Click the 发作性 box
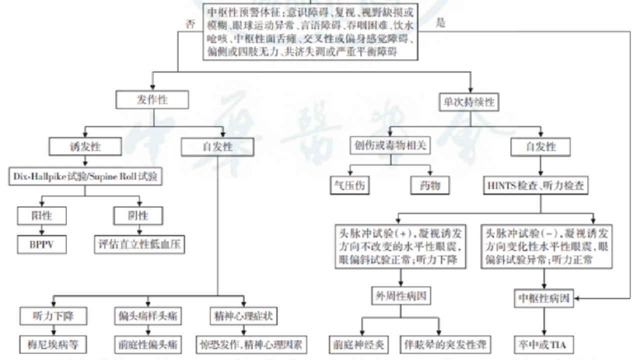tap(152, 100)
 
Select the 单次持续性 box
tap(469, 102)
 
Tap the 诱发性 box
tap(85, 147)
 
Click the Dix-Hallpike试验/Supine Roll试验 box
tap(85, 176)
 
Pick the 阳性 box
tap(41, 215)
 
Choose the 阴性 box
tap(138, 215)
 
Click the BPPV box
tap(41, 245)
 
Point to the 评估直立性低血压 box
tap(139, 245)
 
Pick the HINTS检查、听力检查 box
tap(535, 186)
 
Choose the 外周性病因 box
tap(400, 295)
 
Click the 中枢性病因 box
tap(542, 299)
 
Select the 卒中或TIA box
tap(542, 344)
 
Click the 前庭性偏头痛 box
tap(147, 344)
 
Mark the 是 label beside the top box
tap(440, 22)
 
